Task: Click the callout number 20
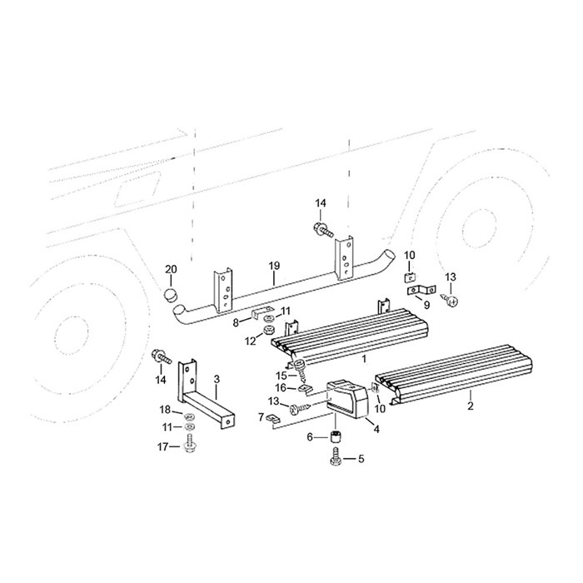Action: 171,269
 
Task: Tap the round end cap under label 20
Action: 170,295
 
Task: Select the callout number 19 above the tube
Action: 274,266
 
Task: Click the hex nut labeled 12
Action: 267,330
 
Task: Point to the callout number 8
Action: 236,323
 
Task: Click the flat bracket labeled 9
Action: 422,290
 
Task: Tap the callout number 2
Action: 471,406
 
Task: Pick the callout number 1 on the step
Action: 364,359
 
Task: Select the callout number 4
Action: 376,429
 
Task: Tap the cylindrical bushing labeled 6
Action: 336,436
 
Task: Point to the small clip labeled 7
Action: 272,419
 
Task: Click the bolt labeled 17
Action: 190,443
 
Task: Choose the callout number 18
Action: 165,410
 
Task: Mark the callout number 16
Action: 281,388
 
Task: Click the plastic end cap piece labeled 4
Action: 347,399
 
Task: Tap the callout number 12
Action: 251,341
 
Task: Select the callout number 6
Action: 310,437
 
